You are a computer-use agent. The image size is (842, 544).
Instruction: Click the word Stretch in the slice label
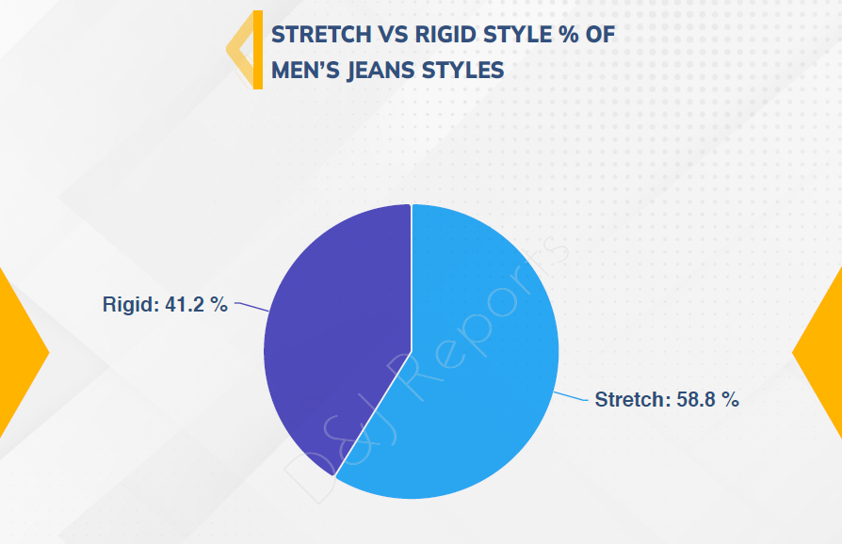click(x=630, y=400)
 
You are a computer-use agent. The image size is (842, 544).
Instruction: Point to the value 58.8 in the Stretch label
click(x=695, y=400)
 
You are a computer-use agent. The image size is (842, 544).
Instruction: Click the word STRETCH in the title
click(x=321, y=35)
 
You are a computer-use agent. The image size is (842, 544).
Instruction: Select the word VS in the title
click(x=393, y=35)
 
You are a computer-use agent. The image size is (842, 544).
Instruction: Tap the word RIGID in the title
click(x=445, y=35)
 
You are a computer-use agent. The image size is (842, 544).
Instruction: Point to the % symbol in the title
click(x=568, y=35)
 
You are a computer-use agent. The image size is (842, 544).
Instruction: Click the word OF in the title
click(x=600, y=35)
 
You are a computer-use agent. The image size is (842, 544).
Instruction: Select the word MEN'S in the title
click(x=305, y=71)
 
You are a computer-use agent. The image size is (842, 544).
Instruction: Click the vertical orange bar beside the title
click(x=258, y=49)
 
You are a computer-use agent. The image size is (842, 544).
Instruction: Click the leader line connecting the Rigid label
click(x=251, y=306)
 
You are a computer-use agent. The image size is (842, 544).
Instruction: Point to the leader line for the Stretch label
click(x=571, y=396)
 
